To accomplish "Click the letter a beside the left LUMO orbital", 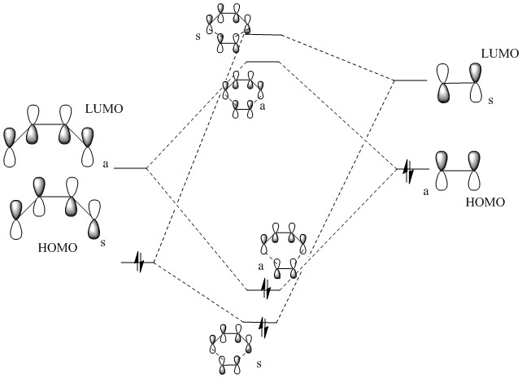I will [106, 163].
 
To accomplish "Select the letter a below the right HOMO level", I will [425, 191].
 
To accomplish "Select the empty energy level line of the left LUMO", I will [130, 168].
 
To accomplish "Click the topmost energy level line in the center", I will [263, 35].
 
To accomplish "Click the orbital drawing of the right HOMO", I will [459, 171].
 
